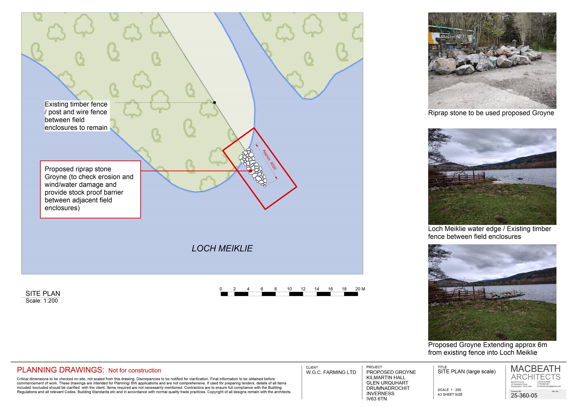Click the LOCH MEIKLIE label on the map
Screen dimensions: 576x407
coord(222,248)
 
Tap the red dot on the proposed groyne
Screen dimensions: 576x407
coord(250,171)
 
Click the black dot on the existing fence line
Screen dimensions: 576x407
coord(214,102)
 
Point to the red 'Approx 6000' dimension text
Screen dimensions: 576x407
coord(269,160)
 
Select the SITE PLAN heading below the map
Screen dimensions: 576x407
coord(43,294)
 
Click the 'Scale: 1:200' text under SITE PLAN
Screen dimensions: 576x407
coord(42,301)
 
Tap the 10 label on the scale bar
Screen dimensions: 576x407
coord(289,289)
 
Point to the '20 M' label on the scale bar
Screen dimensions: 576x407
coord(360,289)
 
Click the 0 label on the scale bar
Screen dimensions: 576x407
coord(221,289)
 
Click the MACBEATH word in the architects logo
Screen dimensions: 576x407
coord(536,369)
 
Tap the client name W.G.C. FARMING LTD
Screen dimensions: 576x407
coord(331,372)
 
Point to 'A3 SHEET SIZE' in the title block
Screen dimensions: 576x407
coord(450,394)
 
